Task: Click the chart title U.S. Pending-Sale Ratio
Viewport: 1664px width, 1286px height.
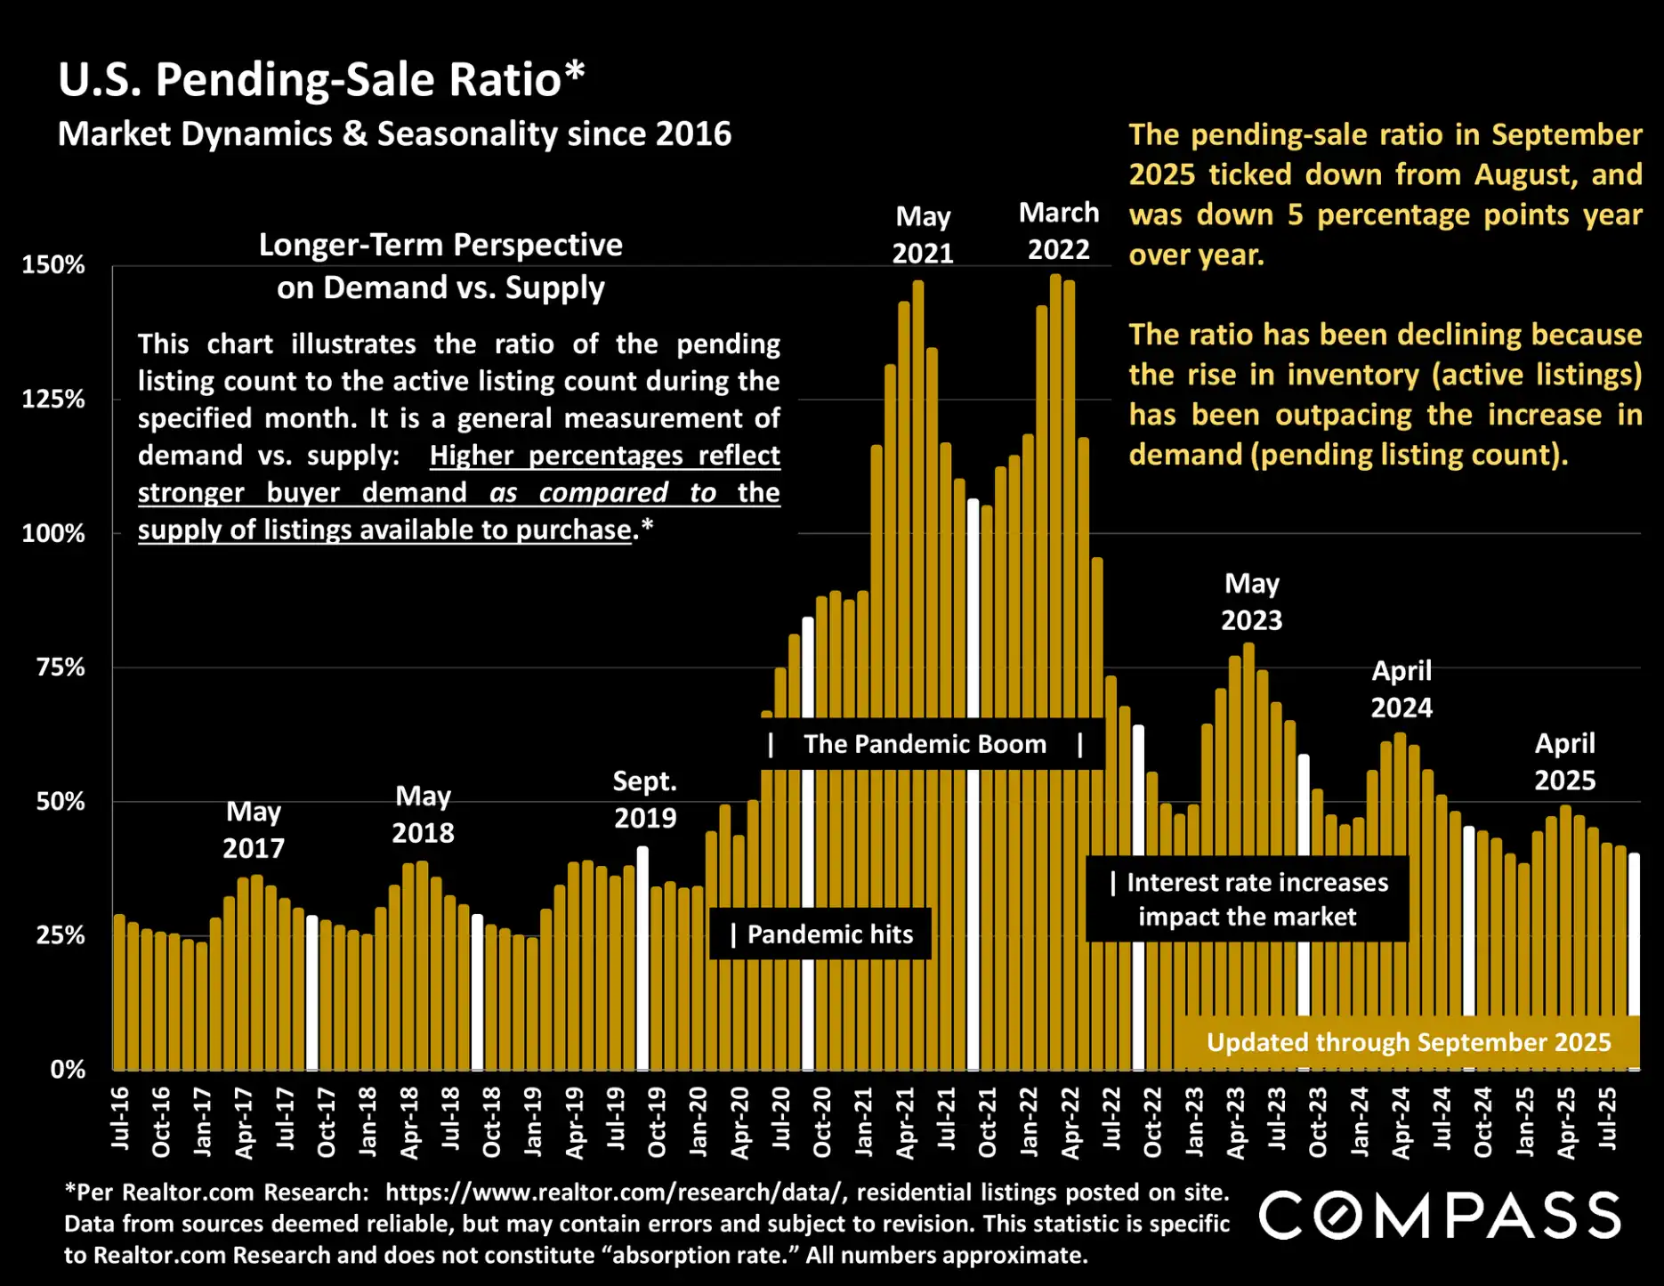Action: tap(321, 80)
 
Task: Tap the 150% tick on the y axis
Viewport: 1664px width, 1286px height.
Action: tap(53, 265)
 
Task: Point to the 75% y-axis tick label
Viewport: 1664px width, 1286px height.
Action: tap(60, 667)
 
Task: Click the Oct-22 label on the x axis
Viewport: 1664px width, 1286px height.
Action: tap(1152, 1122)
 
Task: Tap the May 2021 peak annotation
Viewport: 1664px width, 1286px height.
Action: tap(923, 235)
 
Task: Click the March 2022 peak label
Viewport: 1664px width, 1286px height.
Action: tap(1059, 231)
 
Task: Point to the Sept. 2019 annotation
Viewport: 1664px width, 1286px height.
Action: tap(645, 799)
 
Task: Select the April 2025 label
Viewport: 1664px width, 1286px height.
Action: tap(1564, 762)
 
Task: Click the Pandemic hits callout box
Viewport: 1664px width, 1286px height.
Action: tap(820, 934)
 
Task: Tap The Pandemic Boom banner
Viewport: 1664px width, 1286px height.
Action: tap(925, 744)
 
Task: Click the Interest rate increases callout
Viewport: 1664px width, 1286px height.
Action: tap(1248, 899)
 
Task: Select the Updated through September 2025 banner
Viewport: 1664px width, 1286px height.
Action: tap(1408, 1042)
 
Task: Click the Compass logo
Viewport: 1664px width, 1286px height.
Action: tap(1439, 1216)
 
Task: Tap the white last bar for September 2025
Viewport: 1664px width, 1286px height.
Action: tap(1635, 934)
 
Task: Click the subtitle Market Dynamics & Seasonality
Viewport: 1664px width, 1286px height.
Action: tap(394, 134)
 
